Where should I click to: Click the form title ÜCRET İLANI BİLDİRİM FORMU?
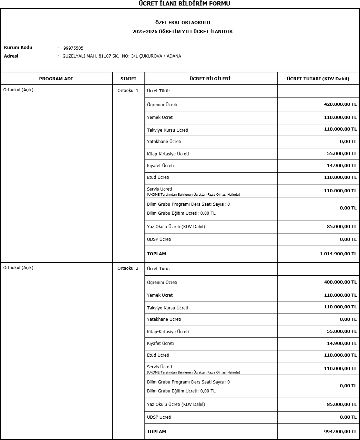184,4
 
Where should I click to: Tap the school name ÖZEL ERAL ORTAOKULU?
183,23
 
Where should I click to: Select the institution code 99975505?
73,48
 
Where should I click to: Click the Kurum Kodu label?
18,48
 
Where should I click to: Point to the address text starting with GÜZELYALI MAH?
122,56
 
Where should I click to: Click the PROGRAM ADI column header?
56,79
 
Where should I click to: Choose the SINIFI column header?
128,79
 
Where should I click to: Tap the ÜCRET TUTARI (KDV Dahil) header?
318,79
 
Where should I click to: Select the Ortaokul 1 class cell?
128,91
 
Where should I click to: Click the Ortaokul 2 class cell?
128,268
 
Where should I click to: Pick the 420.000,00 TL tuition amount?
340,104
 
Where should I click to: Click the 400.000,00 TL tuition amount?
340,282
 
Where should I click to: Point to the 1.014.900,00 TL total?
338,254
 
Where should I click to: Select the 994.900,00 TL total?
340,432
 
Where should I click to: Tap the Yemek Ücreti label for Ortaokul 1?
160,117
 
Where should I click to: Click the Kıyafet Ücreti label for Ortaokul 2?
160,344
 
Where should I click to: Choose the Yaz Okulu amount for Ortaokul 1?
341,227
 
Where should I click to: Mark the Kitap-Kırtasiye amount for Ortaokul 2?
341,331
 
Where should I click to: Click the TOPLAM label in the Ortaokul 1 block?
156,254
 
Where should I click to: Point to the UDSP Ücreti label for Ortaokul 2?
159,417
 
